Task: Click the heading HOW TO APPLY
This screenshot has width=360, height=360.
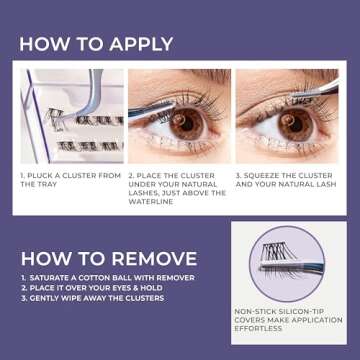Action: point(95,44)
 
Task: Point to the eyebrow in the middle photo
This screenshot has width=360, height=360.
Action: point(185,80)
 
